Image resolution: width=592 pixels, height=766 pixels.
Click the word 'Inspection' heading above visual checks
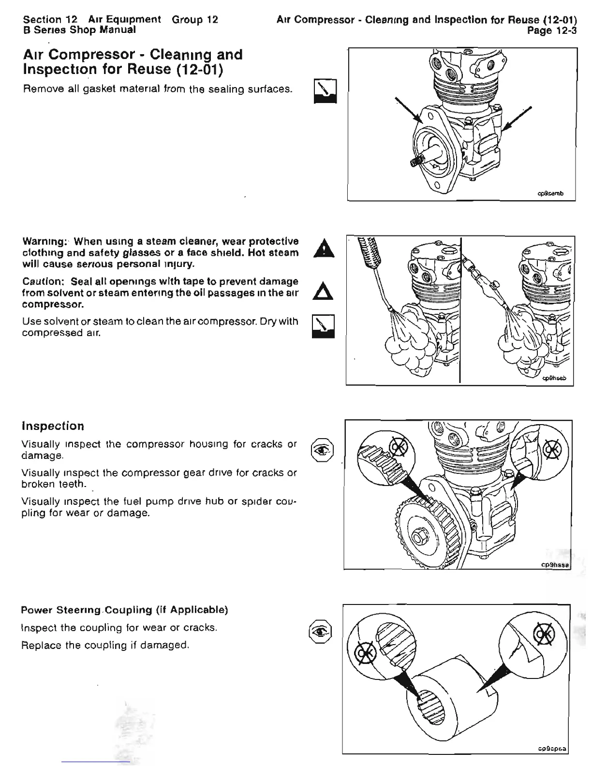pos(53,426)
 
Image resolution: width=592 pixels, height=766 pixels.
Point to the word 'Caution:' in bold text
pos(44,281)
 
